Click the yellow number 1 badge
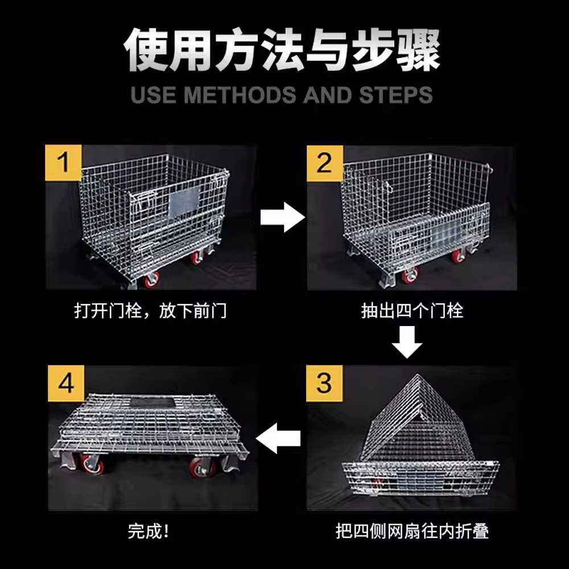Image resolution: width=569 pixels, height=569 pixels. (64, 163)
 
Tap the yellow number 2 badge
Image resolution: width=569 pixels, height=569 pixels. (325, 163)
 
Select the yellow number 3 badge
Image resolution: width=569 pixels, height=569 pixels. (324, 383)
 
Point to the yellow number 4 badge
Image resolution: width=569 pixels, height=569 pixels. (66, 383)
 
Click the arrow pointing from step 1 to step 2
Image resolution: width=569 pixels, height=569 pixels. (282, 217)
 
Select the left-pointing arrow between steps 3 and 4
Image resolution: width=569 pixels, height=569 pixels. (278, 438)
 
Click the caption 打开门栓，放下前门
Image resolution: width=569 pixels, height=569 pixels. (150, 311)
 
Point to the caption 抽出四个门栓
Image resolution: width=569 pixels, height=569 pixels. (412, 311)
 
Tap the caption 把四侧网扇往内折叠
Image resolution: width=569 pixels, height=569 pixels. (412, 531)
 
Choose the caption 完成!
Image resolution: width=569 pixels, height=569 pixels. (148, 531)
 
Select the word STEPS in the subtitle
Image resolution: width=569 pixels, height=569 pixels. (396, 94)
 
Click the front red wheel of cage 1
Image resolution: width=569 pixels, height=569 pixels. (152, 279)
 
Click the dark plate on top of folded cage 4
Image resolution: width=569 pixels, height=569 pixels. (152, 401)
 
